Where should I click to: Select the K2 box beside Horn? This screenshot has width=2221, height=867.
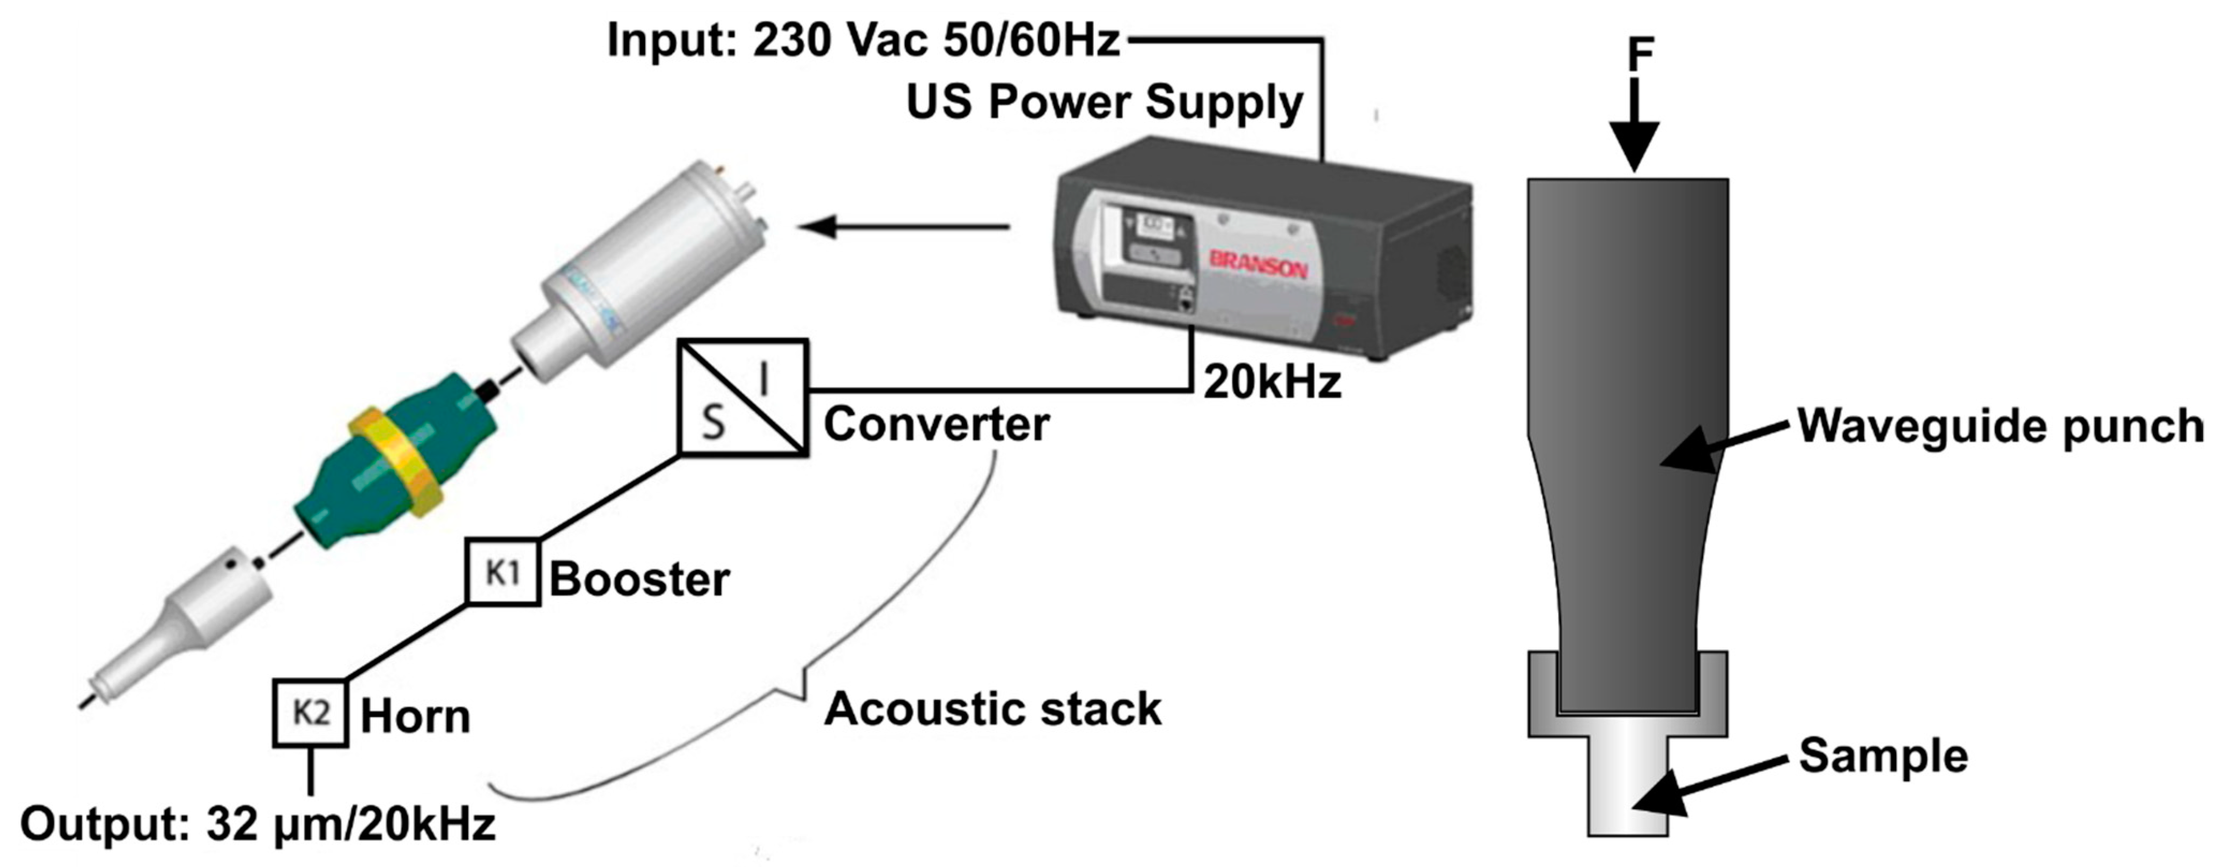tap(311, 713)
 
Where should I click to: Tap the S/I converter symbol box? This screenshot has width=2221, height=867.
tap(743, 397)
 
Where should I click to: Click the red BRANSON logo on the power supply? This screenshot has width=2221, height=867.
tap(1258, 264)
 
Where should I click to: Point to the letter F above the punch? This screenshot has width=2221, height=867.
tap(1640, 55)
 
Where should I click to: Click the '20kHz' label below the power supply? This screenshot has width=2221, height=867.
tap(1273, 382)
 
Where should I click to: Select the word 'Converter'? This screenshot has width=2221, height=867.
tap(936, 424)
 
